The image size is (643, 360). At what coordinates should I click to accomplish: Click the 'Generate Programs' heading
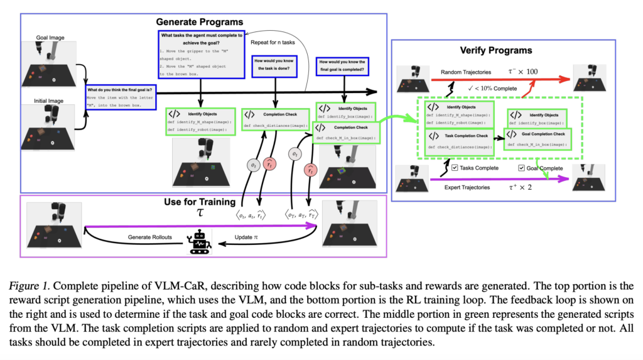tap(200, 23)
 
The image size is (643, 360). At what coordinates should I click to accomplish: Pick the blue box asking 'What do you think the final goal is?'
tap(120, 98)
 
